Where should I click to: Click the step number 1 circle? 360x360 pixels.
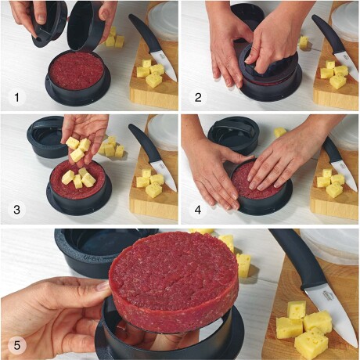click(17, 98)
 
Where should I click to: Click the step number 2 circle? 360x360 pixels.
click(198, 98)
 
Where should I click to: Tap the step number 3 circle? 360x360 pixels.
click(17, 210)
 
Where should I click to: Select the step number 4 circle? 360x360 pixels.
click(198, 210)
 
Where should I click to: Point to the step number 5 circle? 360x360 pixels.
click(17, 345)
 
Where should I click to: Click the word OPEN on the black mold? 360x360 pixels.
click(92, 258)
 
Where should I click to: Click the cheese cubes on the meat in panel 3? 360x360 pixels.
click(78, 178)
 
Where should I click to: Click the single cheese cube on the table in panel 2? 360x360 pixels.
click(304, 42)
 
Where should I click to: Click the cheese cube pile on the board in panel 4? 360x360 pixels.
click(330, 182)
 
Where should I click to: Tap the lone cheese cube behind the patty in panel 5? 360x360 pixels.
click(244, 265)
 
